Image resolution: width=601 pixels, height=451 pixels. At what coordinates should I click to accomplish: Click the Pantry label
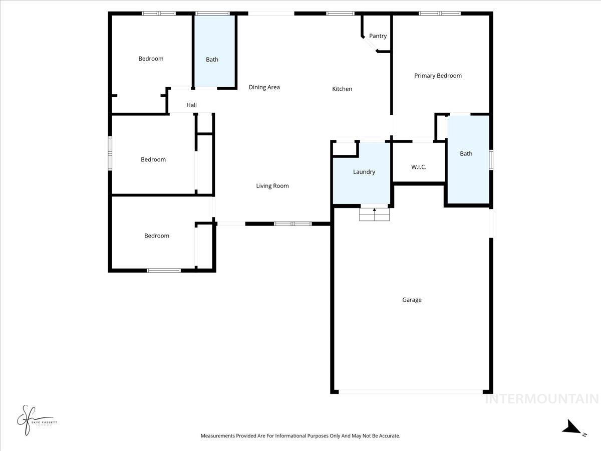coord(378,36)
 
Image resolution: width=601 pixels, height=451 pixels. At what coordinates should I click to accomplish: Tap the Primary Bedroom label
coord(438,76)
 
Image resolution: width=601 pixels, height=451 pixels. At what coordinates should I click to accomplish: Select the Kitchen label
coord(342,89)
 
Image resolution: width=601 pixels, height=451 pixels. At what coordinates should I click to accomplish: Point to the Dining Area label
coord(264,87)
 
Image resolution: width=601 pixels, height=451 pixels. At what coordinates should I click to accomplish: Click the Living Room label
coord(272,186)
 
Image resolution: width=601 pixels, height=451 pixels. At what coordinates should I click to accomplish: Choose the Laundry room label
coord(364,172)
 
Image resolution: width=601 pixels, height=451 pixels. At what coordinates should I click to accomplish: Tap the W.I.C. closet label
coord(419,167)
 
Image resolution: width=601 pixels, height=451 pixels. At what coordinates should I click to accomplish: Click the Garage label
coord(412,300)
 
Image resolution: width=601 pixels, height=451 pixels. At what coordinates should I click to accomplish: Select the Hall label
coord(191,105)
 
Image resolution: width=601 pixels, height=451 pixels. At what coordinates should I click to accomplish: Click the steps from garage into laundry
coord(374,214)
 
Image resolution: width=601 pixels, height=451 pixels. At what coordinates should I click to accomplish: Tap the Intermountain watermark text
coord(541,399)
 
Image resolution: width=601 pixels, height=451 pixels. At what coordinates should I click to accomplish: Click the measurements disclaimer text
coord(300,436)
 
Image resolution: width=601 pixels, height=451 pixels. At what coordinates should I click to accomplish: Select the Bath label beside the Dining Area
coord(212,60)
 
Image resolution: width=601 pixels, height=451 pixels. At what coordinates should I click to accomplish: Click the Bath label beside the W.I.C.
coord(466,154)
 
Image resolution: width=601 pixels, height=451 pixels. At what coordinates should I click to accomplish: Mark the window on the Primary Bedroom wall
coord(439,14)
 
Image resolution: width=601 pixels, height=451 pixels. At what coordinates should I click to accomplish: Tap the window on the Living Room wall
coord(293,223)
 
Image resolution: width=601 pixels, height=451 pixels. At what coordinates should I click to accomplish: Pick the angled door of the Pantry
coord(371,44)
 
